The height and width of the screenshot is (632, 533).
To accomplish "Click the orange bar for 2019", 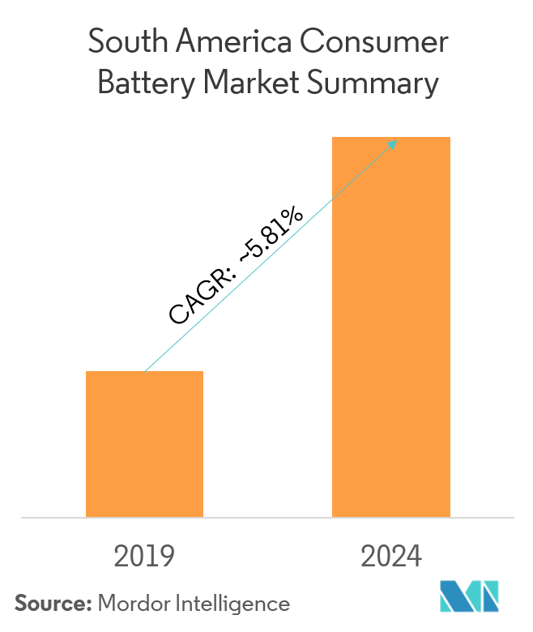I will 144,443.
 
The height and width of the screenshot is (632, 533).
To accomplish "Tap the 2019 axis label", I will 144,557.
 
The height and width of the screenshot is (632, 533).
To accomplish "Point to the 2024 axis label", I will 391,557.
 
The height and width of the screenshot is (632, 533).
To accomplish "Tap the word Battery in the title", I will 143,84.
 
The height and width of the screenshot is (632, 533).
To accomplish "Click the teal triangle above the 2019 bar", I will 182,352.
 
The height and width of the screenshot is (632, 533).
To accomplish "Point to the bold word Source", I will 53,603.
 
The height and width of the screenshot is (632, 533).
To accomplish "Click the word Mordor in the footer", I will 132,603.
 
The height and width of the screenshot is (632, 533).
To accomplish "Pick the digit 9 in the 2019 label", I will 165,557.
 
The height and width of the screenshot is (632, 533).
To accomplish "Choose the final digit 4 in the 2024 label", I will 413,557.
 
